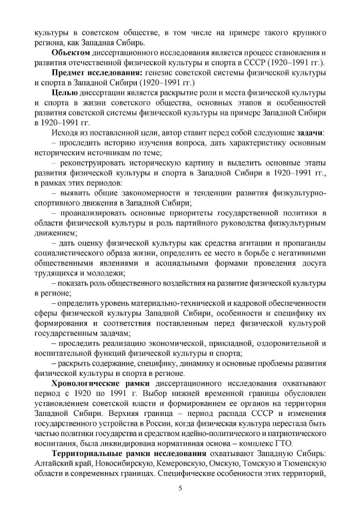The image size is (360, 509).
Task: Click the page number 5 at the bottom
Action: (180, 488)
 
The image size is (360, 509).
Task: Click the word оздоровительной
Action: (290, 343)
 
